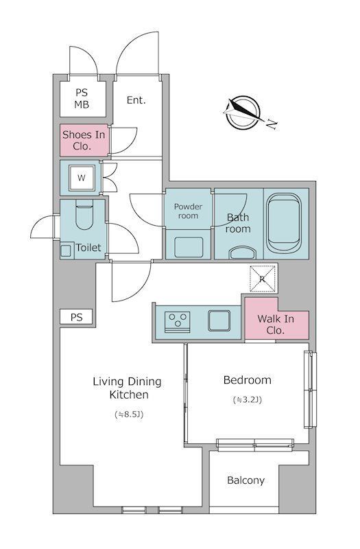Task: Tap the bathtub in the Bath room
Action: tap(284, 223)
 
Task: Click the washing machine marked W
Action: tap(82, 178)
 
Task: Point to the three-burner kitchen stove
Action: tap(178, 322)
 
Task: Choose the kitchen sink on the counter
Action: tap(219, 320)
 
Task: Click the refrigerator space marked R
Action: tap(263, 279)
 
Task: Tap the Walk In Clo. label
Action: tap(276, 325)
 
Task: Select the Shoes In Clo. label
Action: tap(84, 140)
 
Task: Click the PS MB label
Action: tap(82, 98)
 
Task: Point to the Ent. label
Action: tap(136, 100)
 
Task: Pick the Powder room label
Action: tap(188, 211)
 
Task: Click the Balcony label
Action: tap(245, 480)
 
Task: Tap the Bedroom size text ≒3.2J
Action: tap(248, 399)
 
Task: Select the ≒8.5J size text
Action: tap(129, 414)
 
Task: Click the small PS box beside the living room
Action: tap(76, 317)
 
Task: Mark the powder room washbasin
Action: tap(189, 247)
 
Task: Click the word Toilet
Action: tap(88, 248)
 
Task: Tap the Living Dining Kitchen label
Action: tap(128, 388)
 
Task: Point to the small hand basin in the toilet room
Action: tap(66, 250)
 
